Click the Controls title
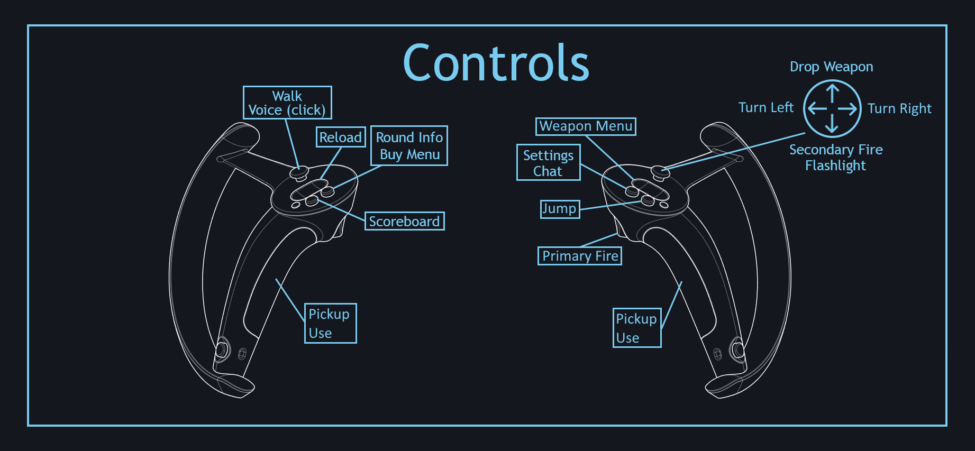(x=496, y=63)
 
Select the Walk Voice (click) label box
(x=287, y=103)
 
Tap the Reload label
(x=341, y=137)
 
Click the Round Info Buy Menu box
(x=409, y=146)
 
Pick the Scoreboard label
(x=404, y=221)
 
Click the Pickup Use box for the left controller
(x=330, y=323)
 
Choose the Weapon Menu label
(x=586, y=126)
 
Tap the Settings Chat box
(x=548, y=163)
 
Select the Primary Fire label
(x=580, y=256)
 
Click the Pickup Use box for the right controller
(x=636, y=328)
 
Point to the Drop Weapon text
(x=831, y=67)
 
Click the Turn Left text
(x=766, y=107)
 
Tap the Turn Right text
(x=899, y=108)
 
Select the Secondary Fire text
(x=836, y=150)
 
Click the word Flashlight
(x=835, y=165)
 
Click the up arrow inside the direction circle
(x=832, y=93)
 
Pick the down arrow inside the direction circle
(x=832, y=124)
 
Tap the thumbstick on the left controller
(x=299, y=172)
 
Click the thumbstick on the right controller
(x=660, y=171)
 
